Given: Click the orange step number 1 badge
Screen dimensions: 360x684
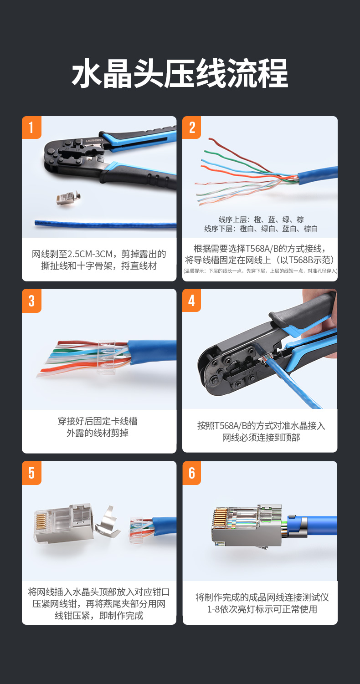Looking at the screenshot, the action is point(31,128).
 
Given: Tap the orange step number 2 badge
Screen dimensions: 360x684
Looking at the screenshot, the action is point(191,128).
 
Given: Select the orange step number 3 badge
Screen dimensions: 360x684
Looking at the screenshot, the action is point(31,301).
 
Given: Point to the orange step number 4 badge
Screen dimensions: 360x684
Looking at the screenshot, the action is point(191,301).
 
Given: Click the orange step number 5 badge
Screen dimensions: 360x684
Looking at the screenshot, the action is point(31,473).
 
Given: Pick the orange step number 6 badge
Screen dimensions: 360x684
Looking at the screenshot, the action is point(191,473).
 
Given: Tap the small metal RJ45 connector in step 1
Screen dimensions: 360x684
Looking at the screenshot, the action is point(69,199).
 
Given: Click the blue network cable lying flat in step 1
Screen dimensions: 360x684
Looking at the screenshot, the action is point(105,225).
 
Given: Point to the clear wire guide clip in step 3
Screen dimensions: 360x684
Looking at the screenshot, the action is point(106,357).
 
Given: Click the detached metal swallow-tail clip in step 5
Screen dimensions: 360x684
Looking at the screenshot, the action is point(107,523).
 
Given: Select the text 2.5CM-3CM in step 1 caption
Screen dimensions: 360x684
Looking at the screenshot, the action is point(90,254).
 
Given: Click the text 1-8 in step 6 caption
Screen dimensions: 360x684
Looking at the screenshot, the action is point(213,609).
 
